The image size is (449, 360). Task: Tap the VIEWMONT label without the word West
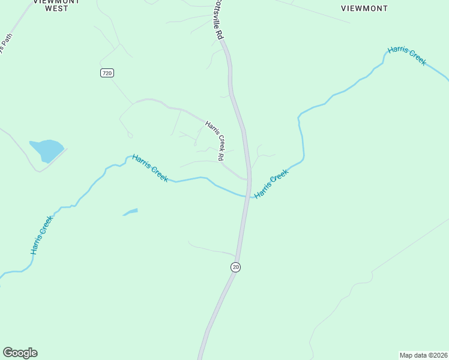click(x=364, y=8)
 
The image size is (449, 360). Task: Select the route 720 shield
click(x=107, y=73)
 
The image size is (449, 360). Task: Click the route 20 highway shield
click(x=235, y=267)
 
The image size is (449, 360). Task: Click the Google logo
click(x=20, y=353)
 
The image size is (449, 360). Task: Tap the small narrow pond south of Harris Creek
click(x=131, y=212)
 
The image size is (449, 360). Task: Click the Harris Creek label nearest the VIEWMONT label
click(x=407, y=55)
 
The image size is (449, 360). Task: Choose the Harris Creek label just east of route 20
click(x=271, y=184)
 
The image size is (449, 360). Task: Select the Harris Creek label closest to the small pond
click(x=150, y=167)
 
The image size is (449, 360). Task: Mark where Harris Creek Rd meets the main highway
click(x=247, y=178)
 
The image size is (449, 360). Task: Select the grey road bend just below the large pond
click(x=39, y=170)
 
